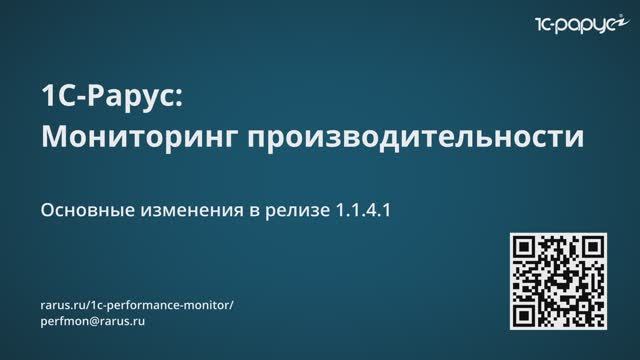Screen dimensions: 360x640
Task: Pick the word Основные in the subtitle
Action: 82,213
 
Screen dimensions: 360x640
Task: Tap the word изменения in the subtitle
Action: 183,213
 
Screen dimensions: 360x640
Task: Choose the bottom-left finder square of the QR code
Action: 523,317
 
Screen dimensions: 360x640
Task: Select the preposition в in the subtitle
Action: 250,214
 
